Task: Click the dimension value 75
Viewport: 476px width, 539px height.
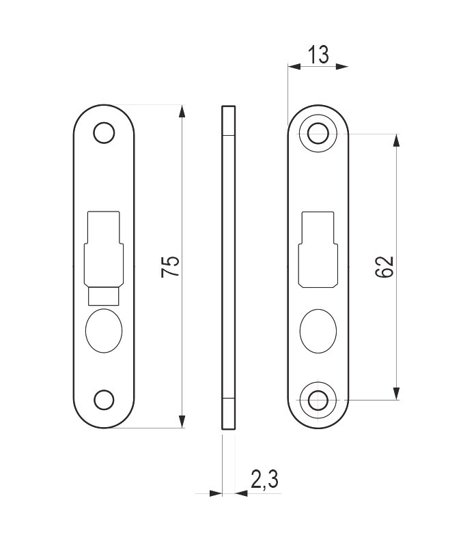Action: pyautogui.click(x=170, y=265)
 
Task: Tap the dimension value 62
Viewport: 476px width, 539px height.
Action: pyautogui.click(x=384, y=267)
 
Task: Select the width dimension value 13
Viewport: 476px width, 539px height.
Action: pyautogui.click(x=318, y=55)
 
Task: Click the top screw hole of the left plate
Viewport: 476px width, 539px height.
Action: pyautogui.click(x=104, y=132)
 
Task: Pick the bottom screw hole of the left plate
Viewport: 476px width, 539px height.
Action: pyautogui.click(x=104, y=400)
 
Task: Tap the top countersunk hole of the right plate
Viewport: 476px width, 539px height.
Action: pyautogui.click(x=318, y=134)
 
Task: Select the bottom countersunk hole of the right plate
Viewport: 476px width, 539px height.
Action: pyautogui.click(x=318, y=400)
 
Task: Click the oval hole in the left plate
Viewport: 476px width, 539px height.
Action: pyautogui.click(x=104, y=331)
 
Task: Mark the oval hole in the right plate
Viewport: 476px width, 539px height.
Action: pyautogui.click(x=318, y=331)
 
